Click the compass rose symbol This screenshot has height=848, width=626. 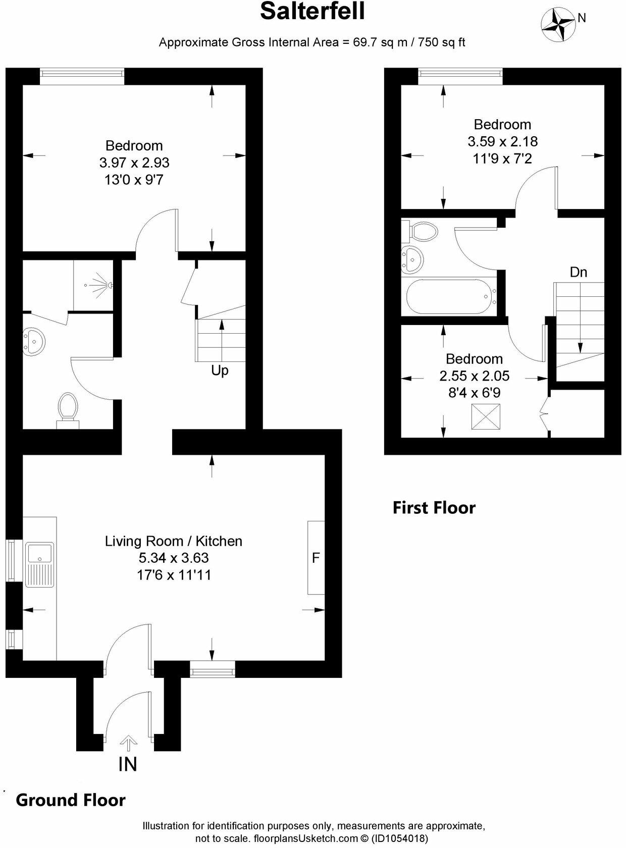click(x=558, y=24)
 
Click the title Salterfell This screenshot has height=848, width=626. click(x=312, y=11)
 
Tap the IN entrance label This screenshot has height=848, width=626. click(x=128, y=764)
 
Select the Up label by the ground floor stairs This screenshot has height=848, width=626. click(x=220, y=370)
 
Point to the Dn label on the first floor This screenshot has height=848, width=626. click(x=579, y=272)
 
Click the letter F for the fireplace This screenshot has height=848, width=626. click(x=316, y=558)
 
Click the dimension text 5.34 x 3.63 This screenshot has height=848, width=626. click(x=174, y=558)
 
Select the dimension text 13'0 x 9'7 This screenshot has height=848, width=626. click(x=134, y=180)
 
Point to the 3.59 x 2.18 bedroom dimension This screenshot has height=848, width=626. click(x=502, y=141)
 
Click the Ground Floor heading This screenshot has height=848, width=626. click(x=71, y=800)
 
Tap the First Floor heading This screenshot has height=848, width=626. click(x=434, y=507)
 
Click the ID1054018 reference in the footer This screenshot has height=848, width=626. click(x=400, y=838)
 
